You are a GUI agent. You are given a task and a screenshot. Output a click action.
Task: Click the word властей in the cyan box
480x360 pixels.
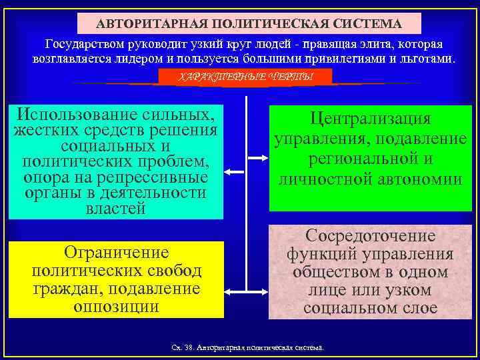tap(115, 209)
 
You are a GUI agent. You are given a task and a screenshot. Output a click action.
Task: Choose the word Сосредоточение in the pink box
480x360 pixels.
tap(371, 236)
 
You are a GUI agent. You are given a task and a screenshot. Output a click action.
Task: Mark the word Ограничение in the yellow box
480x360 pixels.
tap(116, 253)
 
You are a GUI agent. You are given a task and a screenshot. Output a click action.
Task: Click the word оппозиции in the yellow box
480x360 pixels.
tap(116, 307)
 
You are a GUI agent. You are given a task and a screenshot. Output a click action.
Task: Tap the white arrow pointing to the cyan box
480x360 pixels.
tap(235, 171)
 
